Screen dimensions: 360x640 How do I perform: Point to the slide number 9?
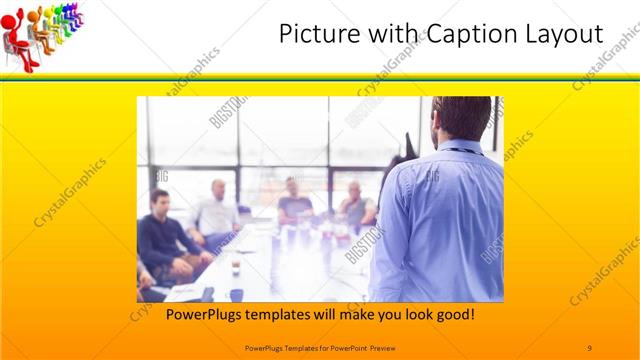coord(590,347)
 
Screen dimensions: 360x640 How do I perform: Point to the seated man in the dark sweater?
coord(160,235)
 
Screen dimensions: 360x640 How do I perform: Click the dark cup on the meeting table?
coord(235,268)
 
